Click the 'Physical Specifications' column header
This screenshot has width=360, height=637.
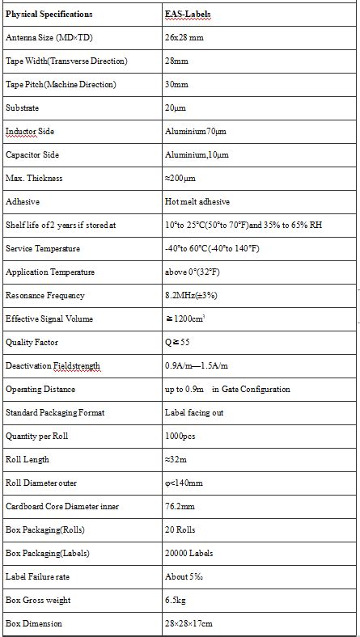coord(49,15)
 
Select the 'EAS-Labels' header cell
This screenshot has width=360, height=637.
coord(187,15)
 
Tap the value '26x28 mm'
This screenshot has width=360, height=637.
coord(183,38)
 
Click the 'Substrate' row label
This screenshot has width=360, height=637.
coord(22,108)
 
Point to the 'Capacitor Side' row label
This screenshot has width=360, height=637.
coord(32,155)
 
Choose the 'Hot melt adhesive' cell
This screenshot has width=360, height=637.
coord(197,202)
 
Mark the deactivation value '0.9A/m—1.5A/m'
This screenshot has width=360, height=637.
coord(197,366)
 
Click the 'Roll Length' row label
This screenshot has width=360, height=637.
coord(28,460)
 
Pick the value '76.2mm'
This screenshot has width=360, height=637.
coord(180,507)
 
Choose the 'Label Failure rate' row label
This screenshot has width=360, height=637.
coord(37,577)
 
